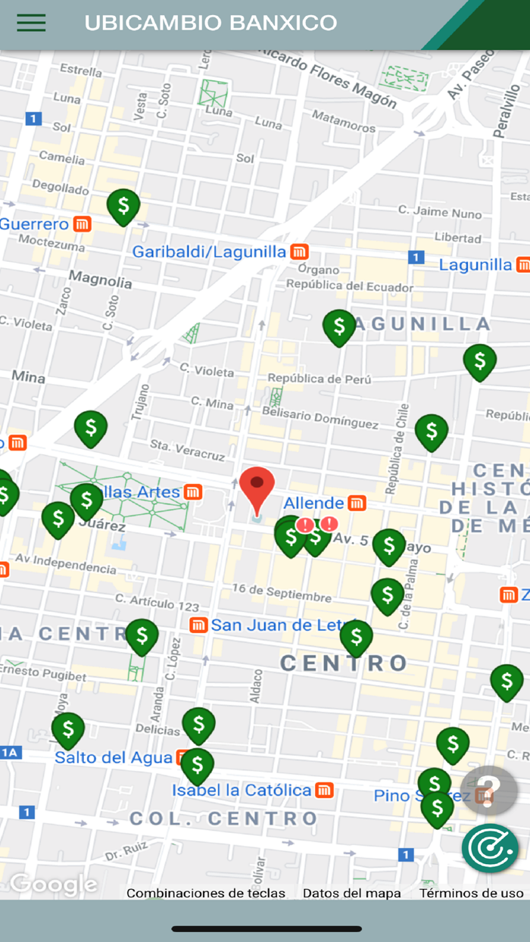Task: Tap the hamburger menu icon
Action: click(31, 23)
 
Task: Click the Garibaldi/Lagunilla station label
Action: click(210, 252)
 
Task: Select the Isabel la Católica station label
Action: click(242, 791)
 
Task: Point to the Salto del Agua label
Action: click(114, 757)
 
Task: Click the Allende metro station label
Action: click(314, 503)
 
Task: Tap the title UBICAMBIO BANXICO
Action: click(210, 23)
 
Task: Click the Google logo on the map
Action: click(53, 884)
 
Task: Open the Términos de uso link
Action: click(471, 894)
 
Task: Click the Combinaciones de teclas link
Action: click(206, 894)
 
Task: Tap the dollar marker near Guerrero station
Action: click(123, 206)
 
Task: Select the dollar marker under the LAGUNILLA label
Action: click(338, 327)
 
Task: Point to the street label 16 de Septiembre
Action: click(282, 593)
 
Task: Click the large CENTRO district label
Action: click(344, 664)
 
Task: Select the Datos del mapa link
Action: click(352, 894)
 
